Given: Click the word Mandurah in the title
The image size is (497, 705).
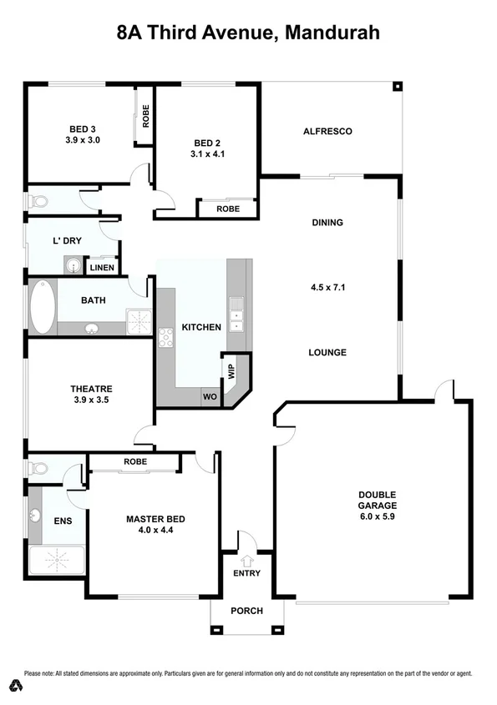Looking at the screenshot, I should point(333,34).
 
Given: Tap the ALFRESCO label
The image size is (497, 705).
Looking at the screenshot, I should point(327,131).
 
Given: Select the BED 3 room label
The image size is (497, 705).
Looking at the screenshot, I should point(83,128).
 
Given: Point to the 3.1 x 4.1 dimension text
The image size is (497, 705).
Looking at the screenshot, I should point(206,154).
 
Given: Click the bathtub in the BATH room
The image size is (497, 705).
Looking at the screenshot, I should point(41,307).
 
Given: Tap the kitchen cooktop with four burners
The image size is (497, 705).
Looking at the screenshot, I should point(165,337).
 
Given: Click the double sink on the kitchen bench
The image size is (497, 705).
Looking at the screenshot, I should point(236,308).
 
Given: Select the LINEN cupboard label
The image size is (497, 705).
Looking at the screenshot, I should point(102,268).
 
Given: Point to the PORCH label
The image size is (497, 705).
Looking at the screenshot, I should point(246,611).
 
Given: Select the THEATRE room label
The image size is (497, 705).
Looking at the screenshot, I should point(91,389).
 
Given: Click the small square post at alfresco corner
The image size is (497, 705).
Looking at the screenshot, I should point(398,86).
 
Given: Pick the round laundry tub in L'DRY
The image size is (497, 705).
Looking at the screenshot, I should point(74,266).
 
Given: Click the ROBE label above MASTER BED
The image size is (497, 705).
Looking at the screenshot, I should point(135,461).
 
